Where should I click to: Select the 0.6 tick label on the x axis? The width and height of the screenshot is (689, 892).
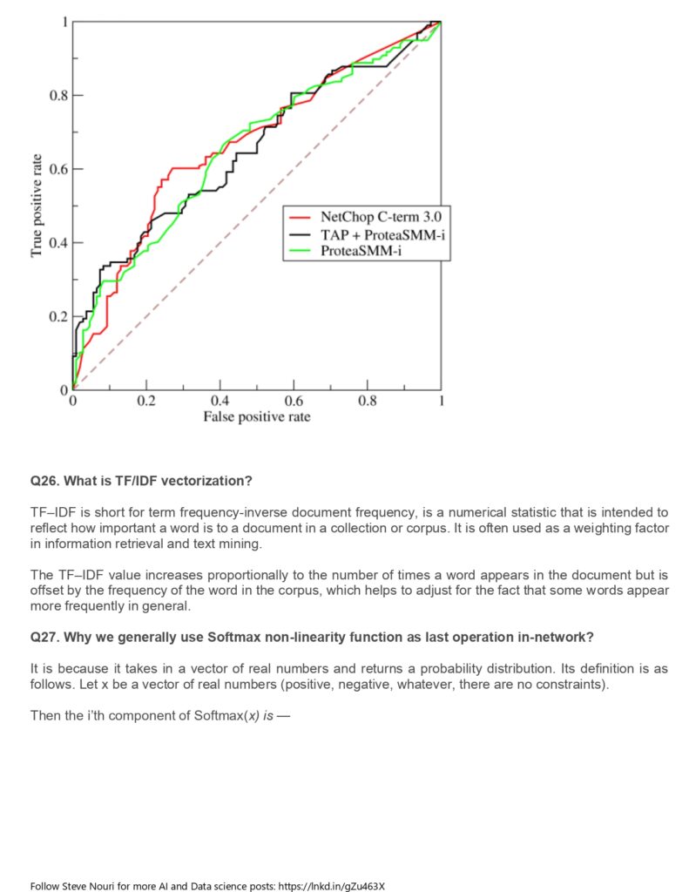(x=293, y=402)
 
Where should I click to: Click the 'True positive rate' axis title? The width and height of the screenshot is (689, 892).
(x=37, y=206)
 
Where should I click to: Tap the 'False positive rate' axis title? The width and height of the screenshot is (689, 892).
(x=256, y=417)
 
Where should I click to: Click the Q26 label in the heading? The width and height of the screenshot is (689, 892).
(x=44, y=481)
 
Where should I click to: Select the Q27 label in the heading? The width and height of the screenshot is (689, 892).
(x=44, y=637)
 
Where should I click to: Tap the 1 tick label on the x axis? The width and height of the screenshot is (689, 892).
(x=441, y=402)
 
